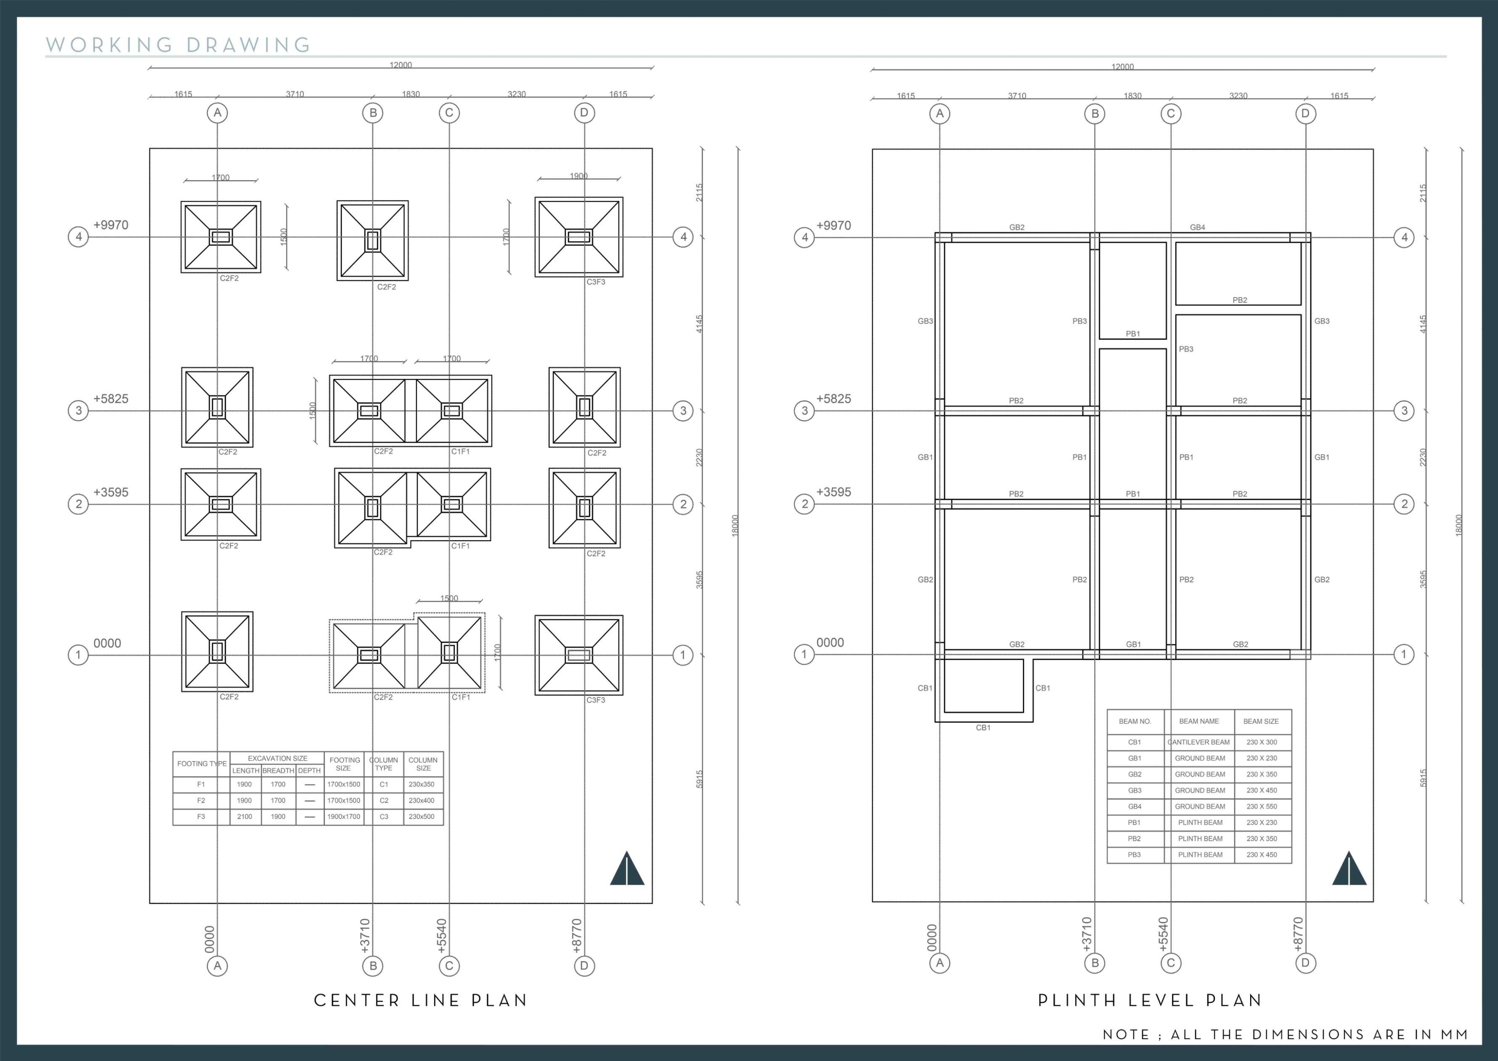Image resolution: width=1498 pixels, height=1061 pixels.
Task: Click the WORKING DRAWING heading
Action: [178, 45]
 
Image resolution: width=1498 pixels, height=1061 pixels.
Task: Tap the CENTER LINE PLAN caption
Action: [420, 1000]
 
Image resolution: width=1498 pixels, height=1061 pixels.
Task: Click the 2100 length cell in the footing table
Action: [244, 817]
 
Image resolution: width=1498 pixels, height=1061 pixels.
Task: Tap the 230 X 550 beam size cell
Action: [1262, 806]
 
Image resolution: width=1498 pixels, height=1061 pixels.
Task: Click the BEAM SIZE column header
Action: [1261, 721]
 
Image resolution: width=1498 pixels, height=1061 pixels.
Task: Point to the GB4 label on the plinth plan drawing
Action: [1198, 227]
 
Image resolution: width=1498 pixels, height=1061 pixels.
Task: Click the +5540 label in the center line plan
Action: [442, 936]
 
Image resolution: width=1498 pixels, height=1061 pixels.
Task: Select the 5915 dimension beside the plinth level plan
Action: [1423, 778]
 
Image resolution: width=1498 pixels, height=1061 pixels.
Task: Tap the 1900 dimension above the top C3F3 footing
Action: [579, 176]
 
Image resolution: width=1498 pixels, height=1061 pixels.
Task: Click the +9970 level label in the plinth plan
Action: [834, 225]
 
